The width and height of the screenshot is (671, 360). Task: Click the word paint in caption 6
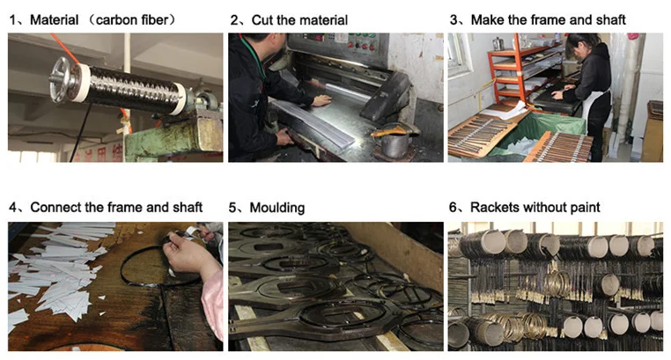click(581, 208)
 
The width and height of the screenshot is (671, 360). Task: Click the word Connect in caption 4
click(55, 208)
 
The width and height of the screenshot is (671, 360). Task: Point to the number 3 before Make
click(453, 19)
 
